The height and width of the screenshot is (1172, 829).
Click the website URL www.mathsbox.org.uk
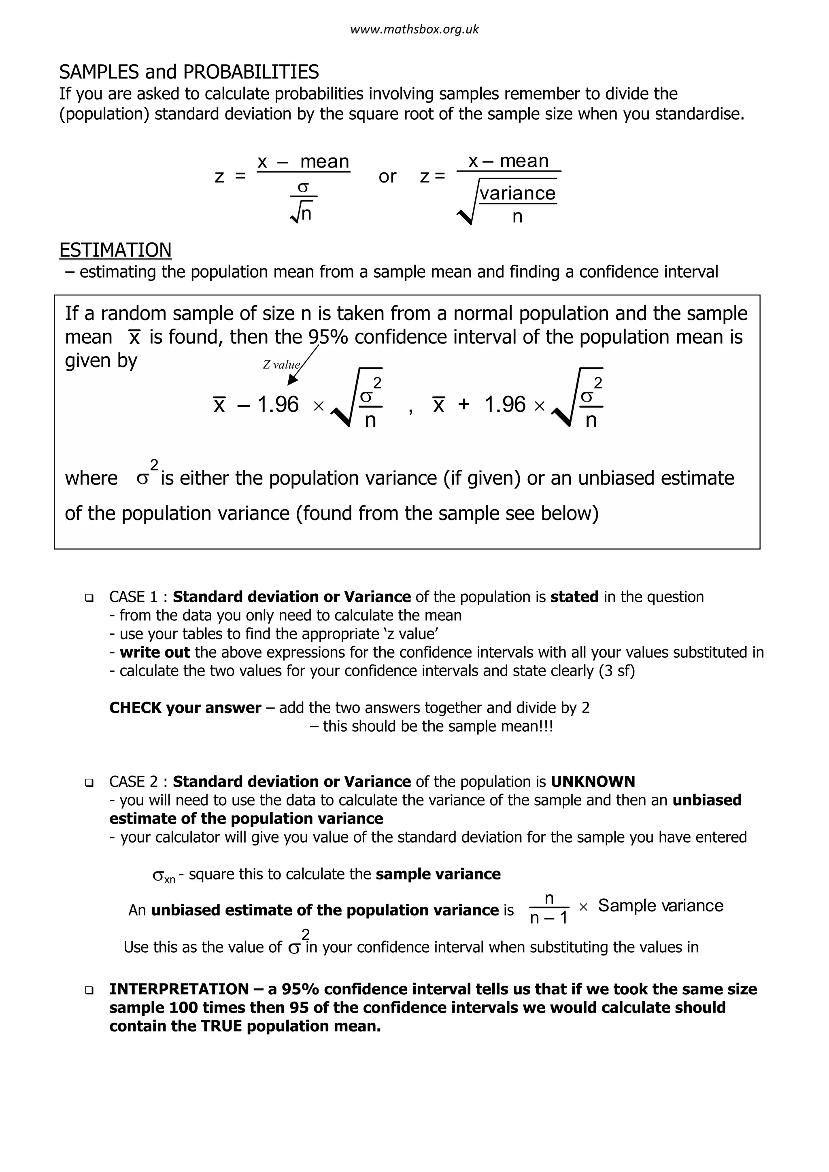(x=414, y=30)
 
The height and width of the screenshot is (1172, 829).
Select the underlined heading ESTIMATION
(x=115, y=250)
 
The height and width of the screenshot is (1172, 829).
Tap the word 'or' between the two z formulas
(x=387, y=176)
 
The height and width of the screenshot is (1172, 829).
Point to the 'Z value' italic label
(x=281, y=365)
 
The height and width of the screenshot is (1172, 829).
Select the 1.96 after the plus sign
(x=504, y=405)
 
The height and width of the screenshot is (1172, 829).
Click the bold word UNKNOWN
(x=593, y=781)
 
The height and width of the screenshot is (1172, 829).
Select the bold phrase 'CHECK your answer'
(x=185, y=708)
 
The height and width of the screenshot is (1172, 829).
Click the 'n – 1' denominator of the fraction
(x=549, y=919)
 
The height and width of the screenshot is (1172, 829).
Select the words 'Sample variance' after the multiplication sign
(x=661, y=906)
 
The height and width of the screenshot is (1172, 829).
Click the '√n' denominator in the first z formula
(x=302, y=213)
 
